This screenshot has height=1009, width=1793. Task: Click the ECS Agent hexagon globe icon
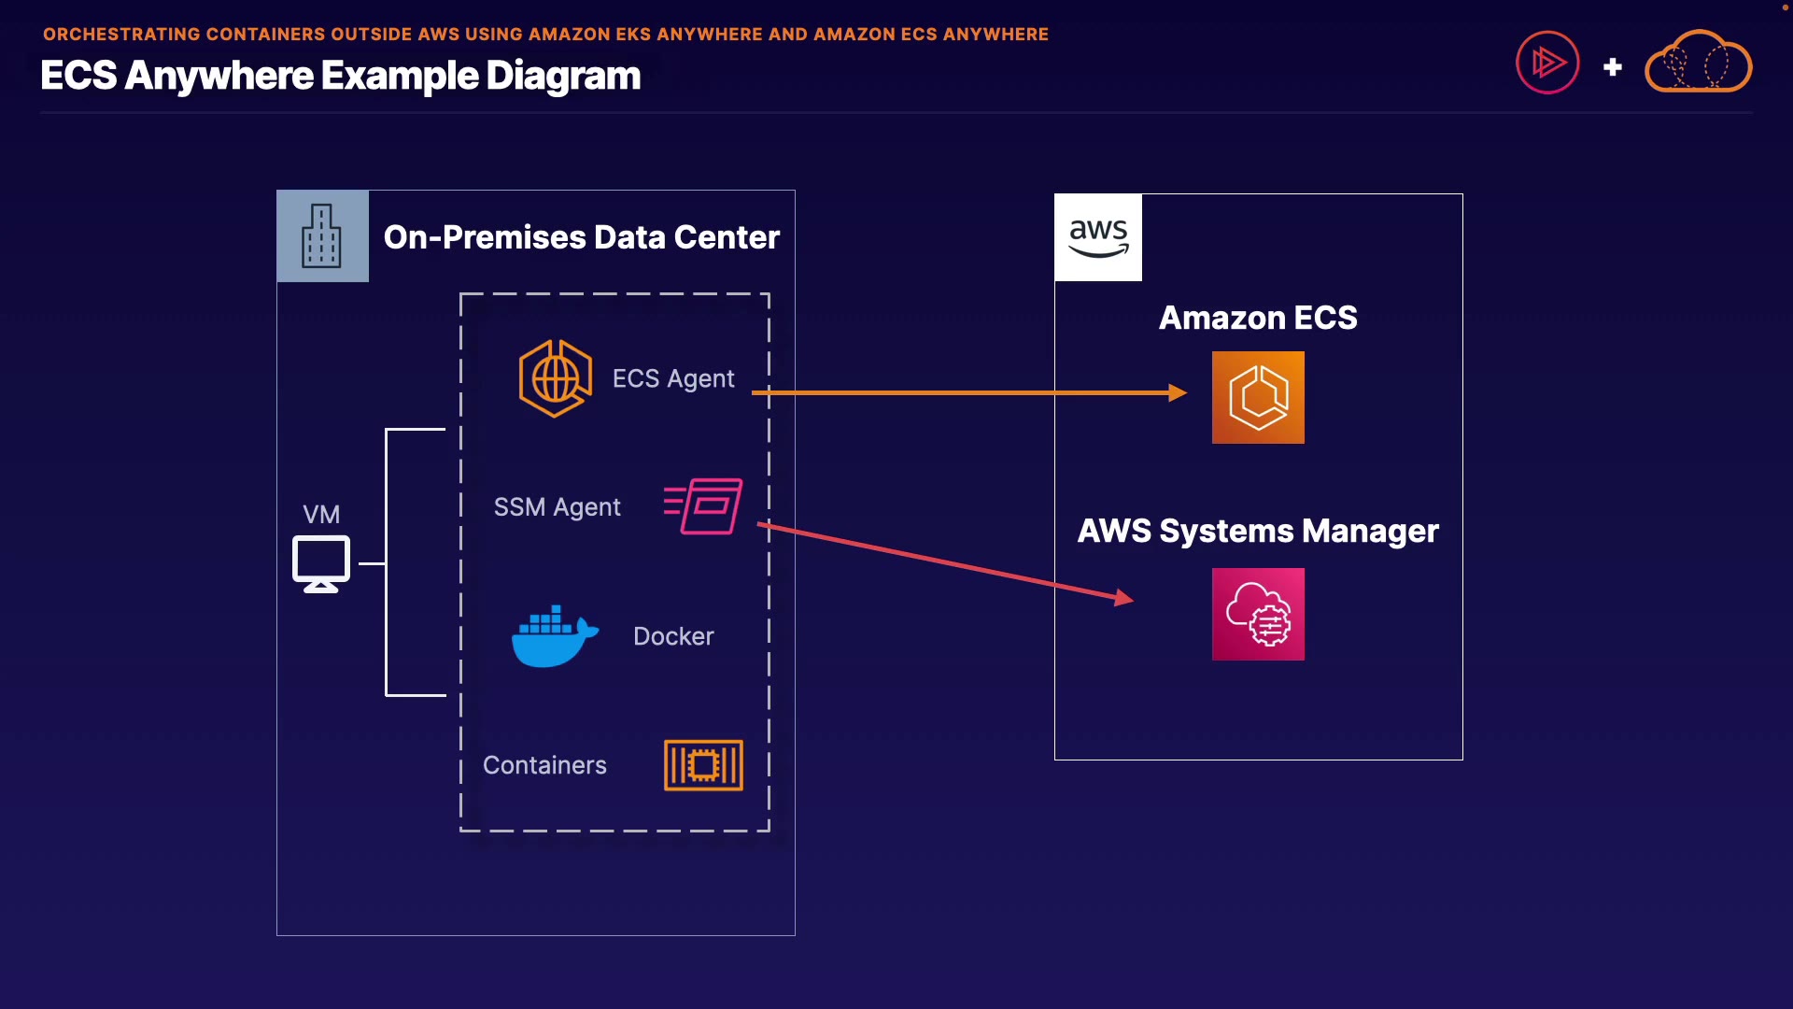pos(556,378)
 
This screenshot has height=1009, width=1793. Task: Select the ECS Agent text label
pos(673,378)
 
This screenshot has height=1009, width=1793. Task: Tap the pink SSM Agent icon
pos(704,505)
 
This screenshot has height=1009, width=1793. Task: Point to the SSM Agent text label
pos(557,507)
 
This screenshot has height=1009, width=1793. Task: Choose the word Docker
pos(673,636)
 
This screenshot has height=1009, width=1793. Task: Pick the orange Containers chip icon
pos(703,765)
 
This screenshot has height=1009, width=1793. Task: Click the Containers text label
pos(544,765)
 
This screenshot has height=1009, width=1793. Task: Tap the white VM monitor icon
pos(321,563)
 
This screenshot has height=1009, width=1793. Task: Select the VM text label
pos(321,515)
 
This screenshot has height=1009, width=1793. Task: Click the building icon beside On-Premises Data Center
pos(322,236)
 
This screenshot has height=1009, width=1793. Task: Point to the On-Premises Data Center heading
pos(581,237)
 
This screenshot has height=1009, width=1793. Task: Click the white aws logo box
pos(1098,237)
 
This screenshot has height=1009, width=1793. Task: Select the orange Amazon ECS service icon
pos(1258,397)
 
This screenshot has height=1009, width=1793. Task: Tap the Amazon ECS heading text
pos(1258,318)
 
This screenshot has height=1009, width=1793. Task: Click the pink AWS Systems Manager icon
pos(1258,614)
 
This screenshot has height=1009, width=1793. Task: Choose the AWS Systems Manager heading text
pos(1258,531)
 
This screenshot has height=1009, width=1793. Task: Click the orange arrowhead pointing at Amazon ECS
pos(1178,392)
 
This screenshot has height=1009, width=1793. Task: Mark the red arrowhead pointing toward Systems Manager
pos(1124,598)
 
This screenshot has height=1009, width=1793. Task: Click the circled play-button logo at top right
pos(1547,63)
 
